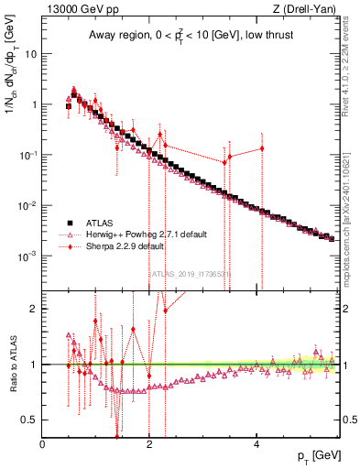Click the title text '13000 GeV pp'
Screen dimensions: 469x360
coord(75,10)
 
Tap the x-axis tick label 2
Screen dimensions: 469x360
coord(149,445)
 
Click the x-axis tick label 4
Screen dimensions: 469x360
coord(256,445)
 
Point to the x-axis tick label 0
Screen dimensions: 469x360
coord(42,445)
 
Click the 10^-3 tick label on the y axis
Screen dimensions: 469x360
coord(27,256)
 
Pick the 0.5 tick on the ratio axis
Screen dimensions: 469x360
coord(30,420)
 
